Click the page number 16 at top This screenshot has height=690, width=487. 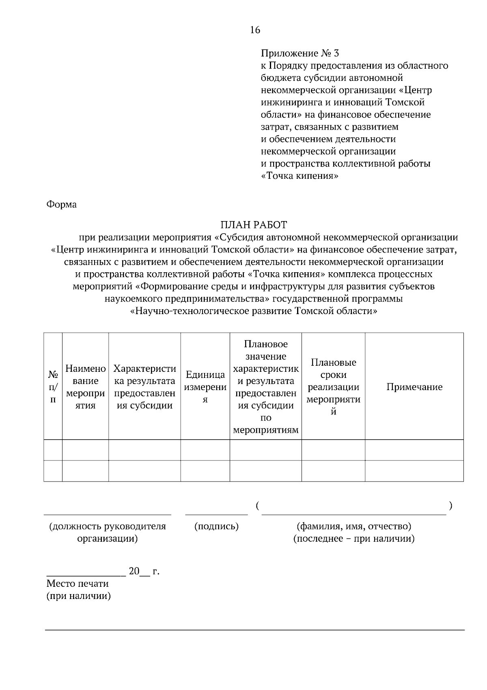click(x=255, y=30)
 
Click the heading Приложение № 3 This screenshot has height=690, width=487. click(x=300, y=53)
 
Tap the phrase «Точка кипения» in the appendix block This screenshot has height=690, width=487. click(x=300, y=176)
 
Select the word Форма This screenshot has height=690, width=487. click(x=62, y=204)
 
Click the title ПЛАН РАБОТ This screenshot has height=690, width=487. click(x=254, y=225)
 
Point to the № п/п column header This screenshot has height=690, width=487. click(x=53, y=386)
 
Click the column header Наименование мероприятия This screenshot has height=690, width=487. click(x=85, y=386)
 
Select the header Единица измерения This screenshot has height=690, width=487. click(x=205, y=386)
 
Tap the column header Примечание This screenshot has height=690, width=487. click(x=414, y=387)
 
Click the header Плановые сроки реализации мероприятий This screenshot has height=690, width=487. click(x=333, y=386)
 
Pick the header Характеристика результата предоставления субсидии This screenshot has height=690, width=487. click(x=144, y=386)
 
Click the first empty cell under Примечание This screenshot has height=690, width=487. click(x=414, y=450)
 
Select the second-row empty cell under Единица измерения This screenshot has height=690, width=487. click(x=205, y=471)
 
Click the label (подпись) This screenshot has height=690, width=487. click(x=216, y=527)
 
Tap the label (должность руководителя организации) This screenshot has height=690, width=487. click(x=108, y=532)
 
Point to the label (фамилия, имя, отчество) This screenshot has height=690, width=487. click(x=354, y=527)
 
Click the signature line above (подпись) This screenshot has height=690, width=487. click(x=216, y=514)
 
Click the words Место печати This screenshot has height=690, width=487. click(x=78, y=584)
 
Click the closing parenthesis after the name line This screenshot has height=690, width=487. click(x=451, y=506)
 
